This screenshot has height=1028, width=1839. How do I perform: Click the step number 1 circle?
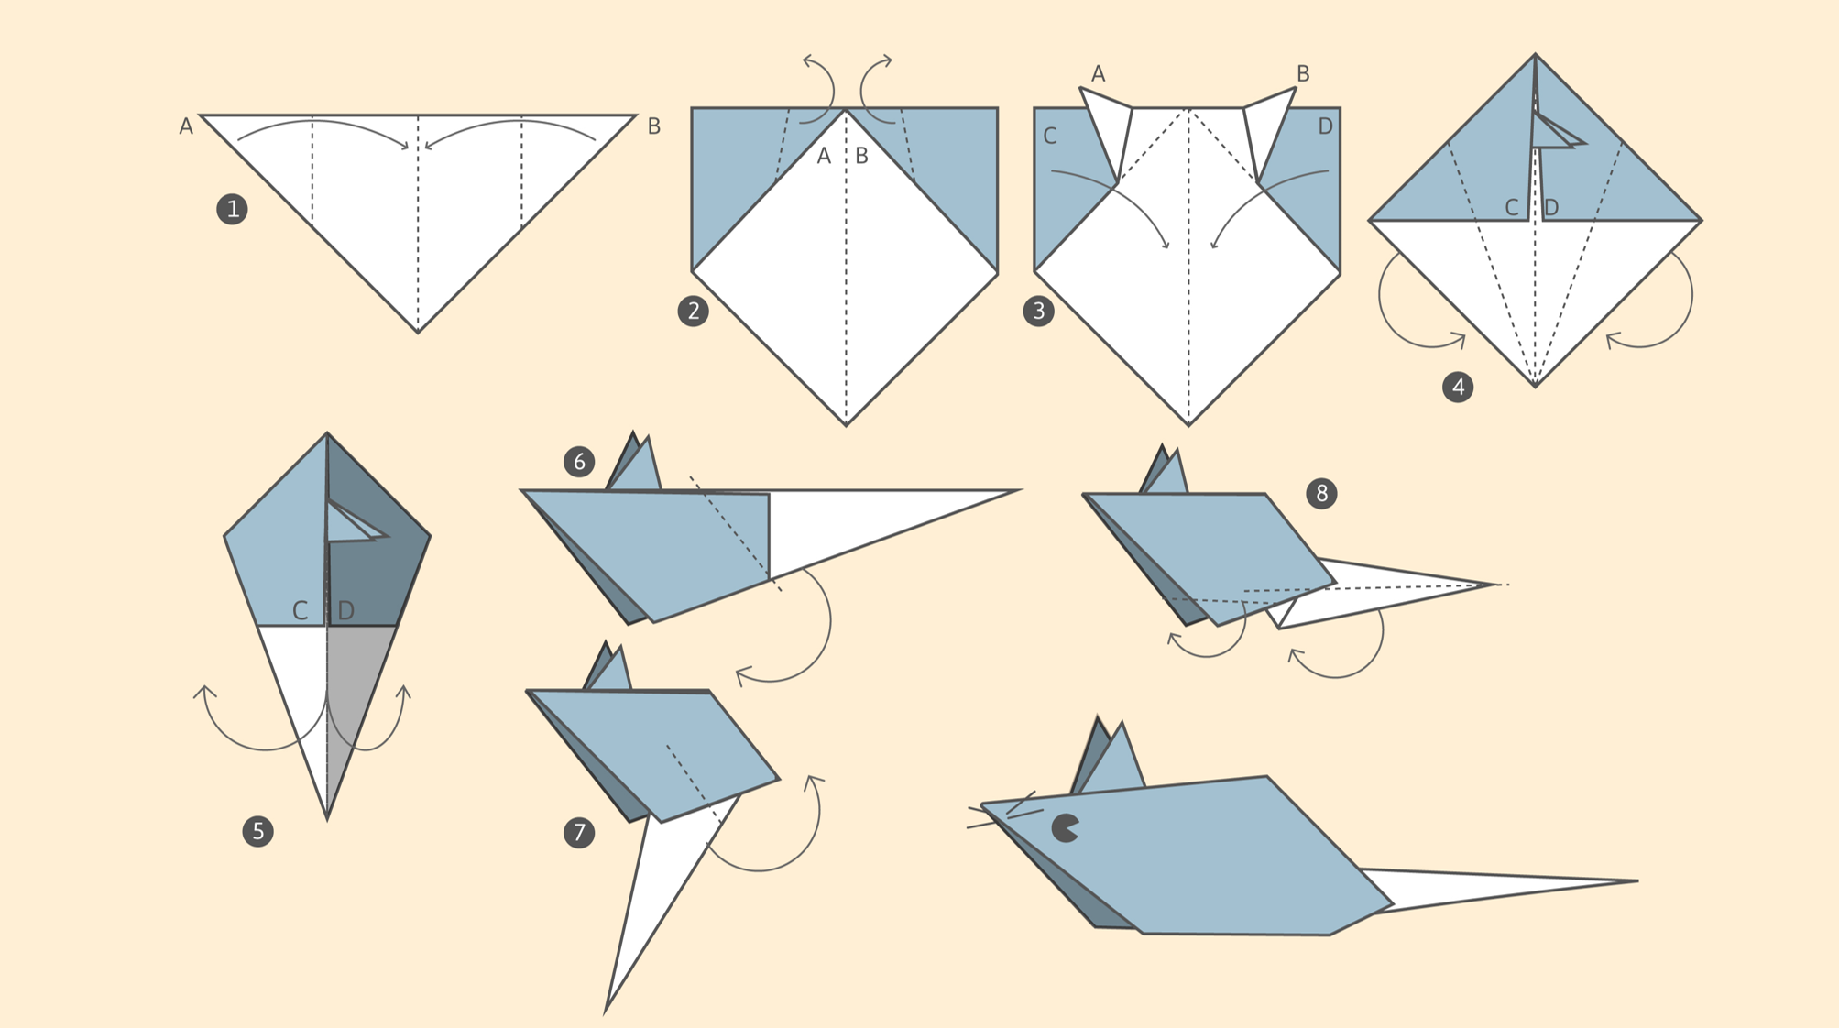point(232,209)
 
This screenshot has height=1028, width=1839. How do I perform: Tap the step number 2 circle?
point(693,311)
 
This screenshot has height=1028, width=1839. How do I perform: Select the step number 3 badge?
point(1038,311)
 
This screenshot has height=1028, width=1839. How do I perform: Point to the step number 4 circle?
point(1458,387)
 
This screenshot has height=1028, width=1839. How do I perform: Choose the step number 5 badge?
point(257,831)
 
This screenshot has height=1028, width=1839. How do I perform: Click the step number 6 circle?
point(579,462)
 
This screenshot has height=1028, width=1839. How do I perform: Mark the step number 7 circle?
point(579,832)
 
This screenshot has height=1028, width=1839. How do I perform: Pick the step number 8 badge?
point(1321,494)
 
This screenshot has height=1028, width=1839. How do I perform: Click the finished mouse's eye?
point(1064,827)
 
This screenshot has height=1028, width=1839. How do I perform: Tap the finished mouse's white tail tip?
point(1636,881)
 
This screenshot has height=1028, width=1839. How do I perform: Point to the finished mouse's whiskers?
point(1005,810)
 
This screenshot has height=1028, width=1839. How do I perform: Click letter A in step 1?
point(186,126)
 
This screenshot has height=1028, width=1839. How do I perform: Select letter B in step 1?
point(654,126)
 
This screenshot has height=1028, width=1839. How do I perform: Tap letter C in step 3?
point(1050,137)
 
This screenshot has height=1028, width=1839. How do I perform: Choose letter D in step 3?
point(1325,127)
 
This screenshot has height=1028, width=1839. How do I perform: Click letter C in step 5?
point(300,610)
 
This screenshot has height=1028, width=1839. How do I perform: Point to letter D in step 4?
point(1551,208)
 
